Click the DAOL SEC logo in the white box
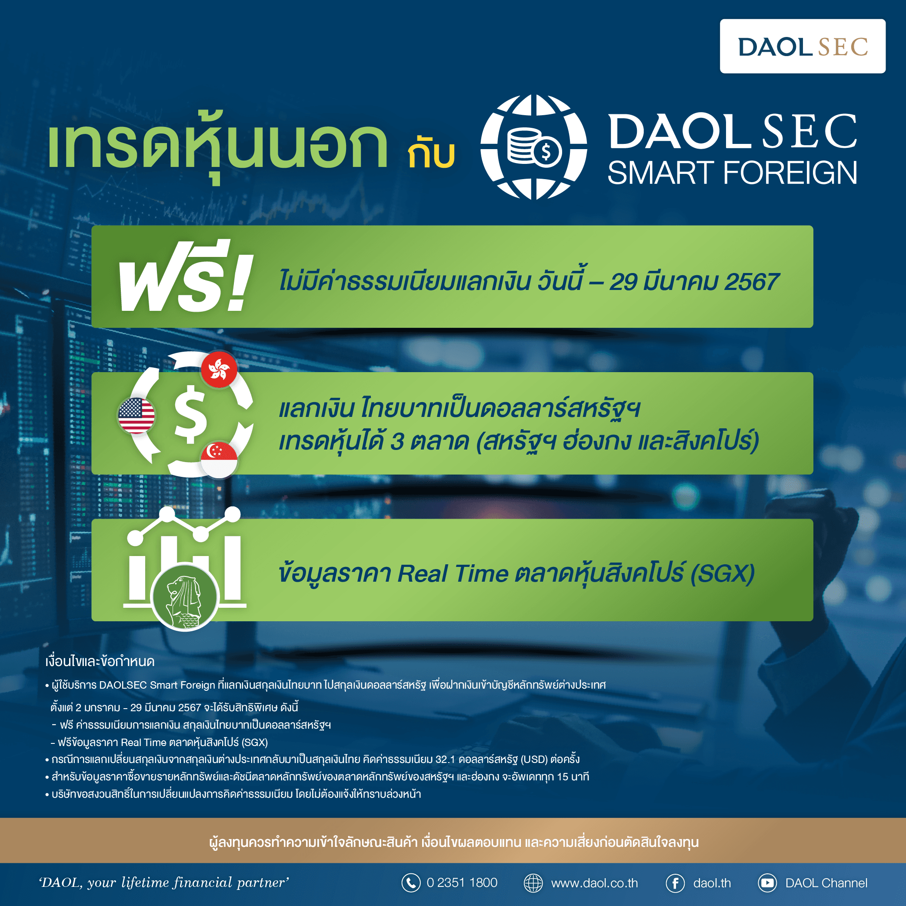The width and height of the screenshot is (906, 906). [x=803, y=47]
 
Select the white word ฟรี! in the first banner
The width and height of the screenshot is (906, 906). [x=185, y=278]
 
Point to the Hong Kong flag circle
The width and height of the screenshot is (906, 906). [x=219, y=369]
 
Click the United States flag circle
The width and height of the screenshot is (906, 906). [x=137, y=416]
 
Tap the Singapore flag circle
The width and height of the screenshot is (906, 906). [x=219, y=459]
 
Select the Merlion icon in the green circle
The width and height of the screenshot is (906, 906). [x=185, y=596]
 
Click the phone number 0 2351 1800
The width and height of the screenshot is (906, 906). [x=461, y=883]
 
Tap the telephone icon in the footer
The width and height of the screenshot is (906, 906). [x=411, y=883]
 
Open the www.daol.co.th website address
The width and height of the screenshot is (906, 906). [x=594, y=883]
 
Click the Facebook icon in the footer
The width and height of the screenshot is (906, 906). [x=675, y=883]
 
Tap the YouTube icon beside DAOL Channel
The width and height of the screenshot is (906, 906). [x=767, y=883]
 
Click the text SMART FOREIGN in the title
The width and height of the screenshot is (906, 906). [x=732, y=173]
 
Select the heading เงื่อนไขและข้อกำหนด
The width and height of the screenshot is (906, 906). [x=100, y=661]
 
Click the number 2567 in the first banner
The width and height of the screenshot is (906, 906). [x=752, y=282]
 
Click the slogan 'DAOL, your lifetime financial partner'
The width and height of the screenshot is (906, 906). [x=163, y=883]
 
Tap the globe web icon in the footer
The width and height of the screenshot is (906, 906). [x=533, y=883]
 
